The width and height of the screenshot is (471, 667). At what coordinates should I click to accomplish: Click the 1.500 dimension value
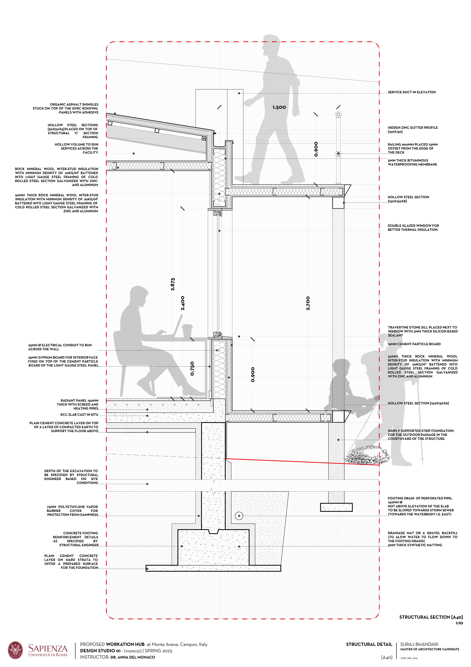point(279,107)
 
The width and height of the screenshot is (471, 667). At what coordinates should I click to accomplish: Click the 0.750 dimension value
point(192,368)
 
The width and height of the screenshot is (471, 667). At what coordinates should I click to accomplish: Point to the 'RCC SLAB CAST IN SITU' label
point(79,415)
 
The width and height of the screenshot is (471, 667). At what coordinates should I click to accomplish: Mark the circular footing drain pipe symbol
point(239,516)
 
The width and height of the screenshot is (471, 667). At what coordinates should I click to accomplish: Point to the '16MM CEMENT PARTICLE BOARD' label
point(414,344)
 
